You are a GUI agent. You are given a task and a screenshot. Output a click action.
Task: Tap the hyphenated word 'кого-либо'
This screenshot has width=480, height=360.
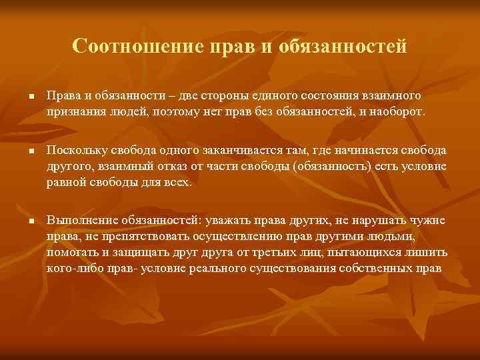click(x=71, y=267)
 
